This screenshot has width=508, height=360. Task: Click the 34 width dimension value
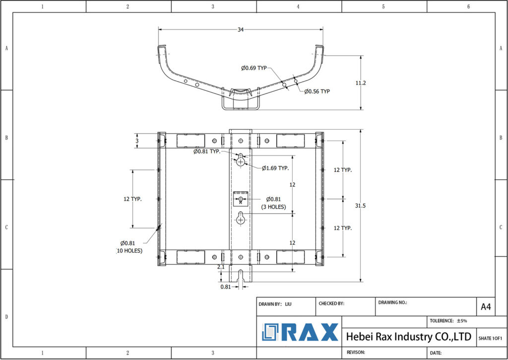tap(241, 30)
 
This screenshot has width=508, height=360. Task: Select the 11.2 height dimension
tap(361, 83)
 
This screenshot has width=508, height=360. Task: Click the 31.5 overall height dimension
tap(367, 206)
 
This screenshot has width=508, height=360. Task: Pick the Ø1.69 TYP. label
tap(275, 168)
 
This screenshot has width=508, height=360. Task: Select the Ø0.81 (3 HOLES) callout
tap(273, 203)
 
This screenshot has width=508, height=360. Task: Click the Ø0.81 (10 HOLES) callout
tap(129, 247)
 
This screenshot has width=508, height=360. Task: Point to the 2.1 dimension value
tap(221, 267)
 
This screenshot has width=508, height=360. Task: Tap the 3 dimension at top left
tap(137, 141)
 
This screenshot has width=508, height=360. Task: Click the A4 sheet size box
tap(486, 307)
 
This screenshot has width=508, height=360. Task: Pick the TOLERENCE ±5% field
tap(448, 321)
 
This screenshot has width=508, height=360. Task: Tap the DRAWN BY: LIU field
tap(275, 303)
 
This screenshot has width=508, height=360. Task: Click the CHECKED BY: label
tap(331, 303)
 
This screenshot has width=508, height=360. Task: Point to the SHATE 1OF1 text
tap(490, 338)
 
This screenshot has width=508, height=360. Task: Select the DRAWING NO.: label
tap(392, 302)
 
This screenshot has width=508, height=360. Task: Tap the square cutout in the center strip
tap(241, 199)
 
